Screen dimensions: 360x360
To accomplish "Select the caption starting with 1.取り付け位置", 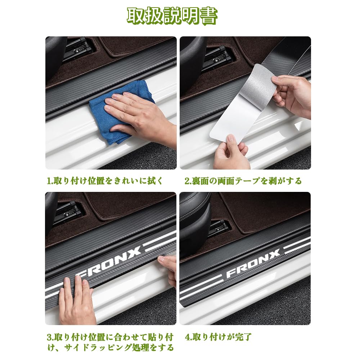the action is [105, 181].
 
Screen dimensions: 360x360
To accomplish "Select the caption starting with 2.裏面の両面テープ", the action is [243, 181].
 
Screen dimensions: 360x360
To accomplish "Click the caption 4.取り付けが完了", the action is [218, 337].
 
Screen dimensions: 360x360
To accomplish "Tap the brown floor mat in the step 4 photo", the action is [264, 213].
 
